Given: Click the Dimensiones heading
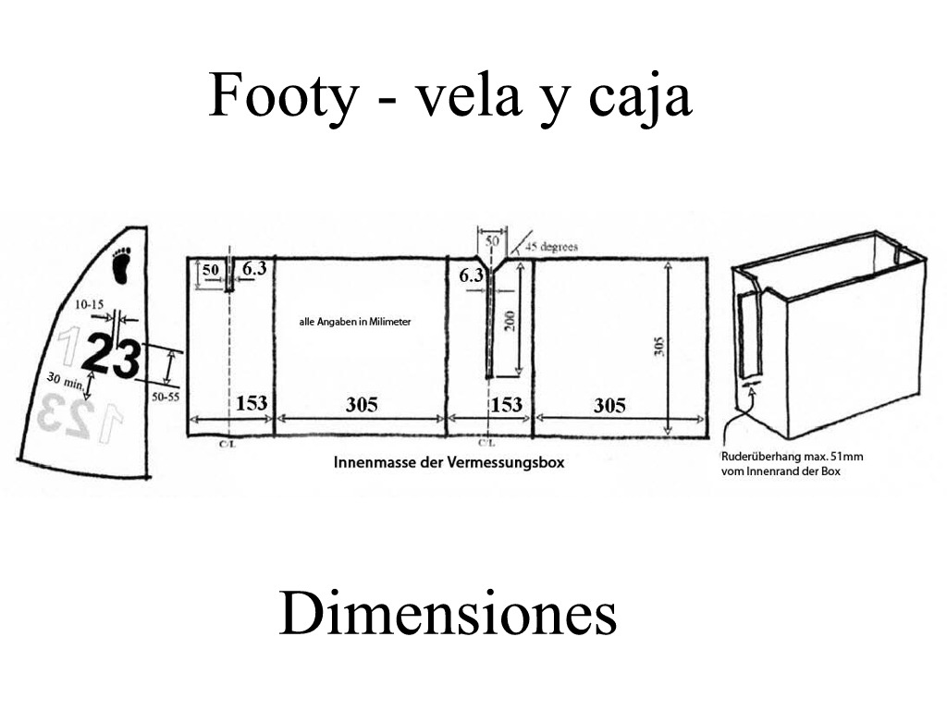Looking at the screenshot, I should [448, 614].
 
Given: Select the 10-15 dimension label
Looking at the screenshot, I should [90, 303].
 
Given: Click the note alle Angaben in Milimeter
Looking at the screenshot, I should [354, 322].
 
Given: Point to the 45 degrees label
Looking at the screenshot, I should [551, 247].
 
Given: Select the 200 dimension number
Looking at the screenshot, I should [509, 320].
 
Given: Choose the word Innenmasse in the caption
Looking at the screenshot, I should [371, 462].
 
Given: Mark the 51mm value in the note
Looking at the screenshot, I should [847, 457].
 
